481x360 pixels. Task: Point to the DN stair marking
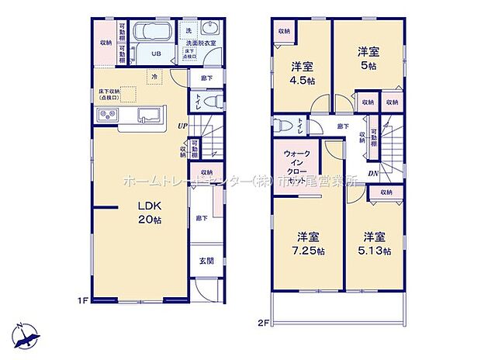pyautogui.click(x=373, y=174)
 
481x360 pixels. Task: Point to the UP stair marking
pyautogui.click(x=182, y=126)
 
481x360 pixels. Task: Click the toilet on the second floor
pyautogui.click(x=284, y=128)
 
